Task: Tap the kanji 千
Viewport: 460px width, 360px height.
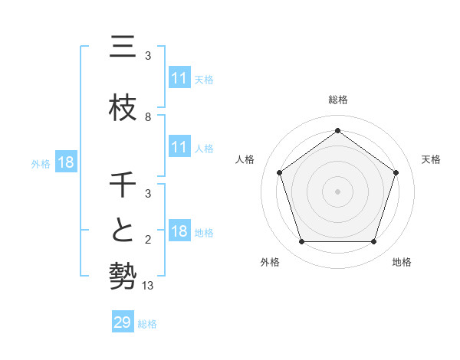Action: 123,185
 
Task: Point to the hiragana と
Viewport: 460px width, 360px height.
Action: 123,231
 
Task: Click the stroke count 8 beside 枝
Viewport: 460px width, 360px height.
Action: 148,117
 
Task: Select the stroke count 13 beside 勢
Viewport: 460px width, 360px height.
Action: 148,286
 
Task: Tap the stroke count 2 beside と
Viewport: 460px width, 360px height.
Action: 148,241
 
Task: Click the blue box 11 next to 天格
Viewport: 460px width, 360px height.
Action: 179,78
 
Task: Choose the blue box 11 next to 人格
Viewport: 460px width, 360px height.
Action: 179,147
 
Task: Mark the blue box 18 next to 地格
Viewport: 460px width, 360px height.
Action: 179,231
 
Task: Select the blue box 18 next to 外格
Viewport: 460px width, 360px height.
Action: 66,162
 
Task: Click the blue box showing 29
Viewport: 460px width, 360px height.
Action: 123,322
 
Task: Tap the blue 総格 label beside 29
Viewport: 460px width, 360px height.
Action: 147,324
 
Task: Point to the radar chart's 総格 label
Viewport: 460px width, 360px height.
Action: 337,100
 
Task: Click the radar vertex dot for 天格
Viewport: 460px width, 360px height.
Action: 396,172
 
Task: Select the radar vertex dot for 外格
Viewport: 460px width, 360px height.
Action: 301,242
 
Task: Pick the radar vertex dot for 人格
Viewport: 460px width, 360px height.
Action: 279,172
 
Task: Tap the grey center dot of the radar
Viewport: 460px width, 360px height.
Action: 337,191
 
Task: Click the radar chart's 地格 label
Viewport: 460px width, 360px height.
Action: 402,262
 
